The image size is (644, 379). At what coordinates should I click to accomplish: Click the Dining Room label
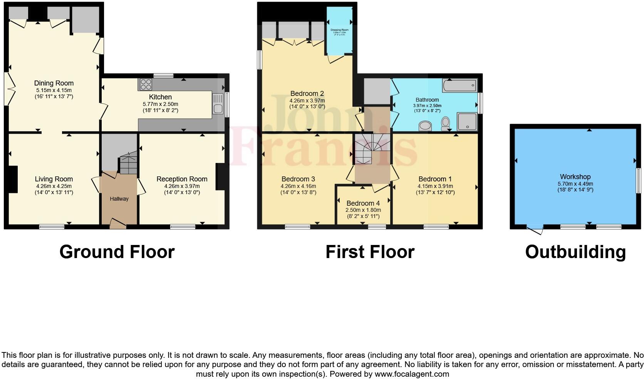54,83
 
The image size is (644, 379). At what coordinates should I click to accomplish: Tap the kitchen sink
217,104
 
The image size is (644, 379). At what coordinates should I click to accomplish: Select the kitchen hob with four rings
146,84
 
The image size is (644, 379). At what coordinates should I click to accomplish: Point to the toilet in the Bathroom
446,124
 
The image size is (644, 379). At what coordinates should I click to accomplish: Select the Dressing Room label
339,30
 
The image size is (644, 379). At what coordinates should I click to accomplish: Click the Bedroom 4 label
363,203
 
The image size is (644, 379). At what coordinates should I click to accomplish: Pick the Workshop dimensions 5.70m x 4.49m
575,184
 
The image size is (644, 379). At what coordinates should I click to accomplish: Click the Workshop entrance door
535,230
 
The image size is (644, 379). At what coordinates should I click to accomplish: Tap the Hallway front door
117,223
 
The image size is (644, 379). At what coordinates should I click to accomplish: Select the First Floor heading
370,252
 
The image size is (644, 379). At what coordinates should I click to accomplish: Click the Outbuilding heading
575,252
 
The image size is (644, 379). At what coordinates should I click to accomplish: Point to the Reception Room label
182,179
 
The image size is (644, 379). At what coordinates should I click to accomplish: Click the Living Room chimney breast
13,179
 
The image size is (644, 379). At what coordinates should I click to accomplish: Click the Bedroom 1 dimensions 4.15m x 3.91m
435,186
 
